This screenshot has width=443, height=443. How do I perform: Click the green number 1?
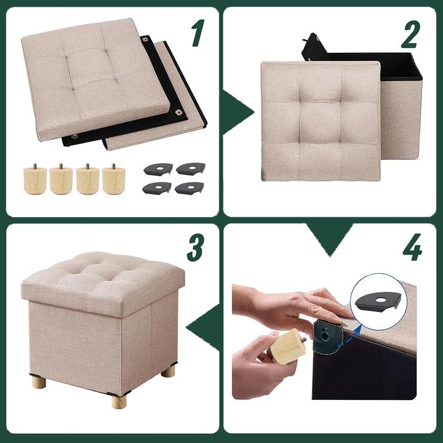[198, 33]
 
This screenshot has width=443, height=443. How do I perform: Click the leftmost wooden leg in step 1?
[35, 179]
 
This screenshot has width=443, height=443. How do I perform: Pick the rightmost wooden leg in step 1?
[114, 179]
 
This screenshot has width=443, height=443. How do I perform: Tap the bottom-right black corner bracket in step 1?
[190, 188]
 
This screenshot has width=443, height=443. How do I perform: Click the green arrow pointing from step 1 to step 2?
[236, 113]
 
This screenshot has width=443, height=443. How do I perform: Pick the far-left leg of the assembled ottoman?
[39, 382]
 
